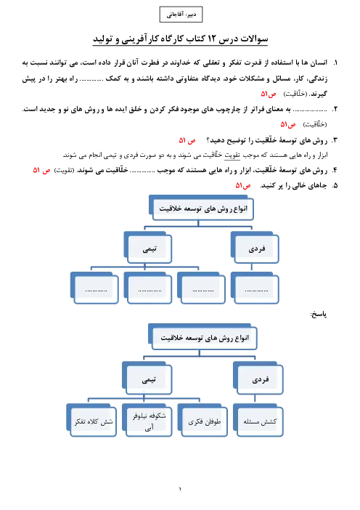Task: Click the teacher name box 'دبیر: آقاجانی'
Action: (x=181, y=15)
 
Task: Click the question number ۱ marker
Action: (x=335, y=62)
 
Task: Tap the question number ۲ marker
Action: (x=335, y=109)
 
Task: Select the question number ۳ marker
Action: (x=335, y=140)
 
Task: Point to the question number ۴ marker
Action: (x=335, y=170)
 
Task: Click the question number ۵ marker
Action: (x=335, y=186)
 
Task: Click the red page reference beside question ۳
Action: (x=187, y=140)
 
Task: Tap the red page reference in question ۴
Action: (x=41, y=170)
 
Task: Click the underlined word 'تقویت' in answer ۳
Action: (x=232, y=155)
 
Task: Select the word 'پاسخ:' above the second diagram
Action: (x=319, y=314)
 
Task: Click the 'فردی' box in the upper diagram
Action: (x=255, y=247)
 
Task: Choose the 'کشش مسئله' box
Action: (x=258, y=420)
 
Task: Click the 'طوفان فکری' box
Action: (x=202, y=420)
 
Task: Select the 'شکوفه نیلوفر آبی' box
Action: (x=147, y=420)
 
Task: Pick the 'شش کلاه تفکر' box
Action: (x=91, y=420)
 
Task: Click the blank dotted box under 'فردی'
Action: (x=255, y=288)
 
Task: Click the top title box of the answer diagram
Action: (x=202, y=336)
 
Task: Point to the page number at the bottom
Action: (x=180, y=489)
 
